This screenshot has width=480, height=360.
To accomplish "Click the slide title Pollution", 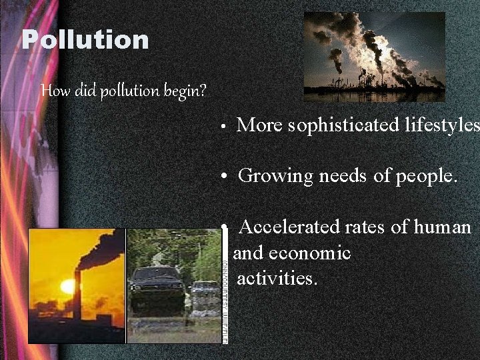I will pos(85,40).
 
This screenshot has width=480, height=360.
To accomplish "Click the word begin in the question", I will pos(182,90).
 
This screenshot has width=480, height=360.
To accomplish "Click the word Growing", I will pos(275,176).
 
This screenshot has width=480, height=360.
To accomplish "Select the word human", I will pos(442,227).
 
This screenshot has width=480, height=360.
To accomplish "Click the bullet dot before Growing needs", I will pos(226,177).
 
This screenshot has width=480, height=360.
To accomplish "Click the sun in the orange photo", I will pos(67,287).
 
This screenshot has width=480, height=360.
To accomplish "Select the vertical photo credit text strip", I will pos(224,287).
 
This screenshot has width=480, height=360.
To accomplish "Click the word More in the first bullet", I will pos(260,125).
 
